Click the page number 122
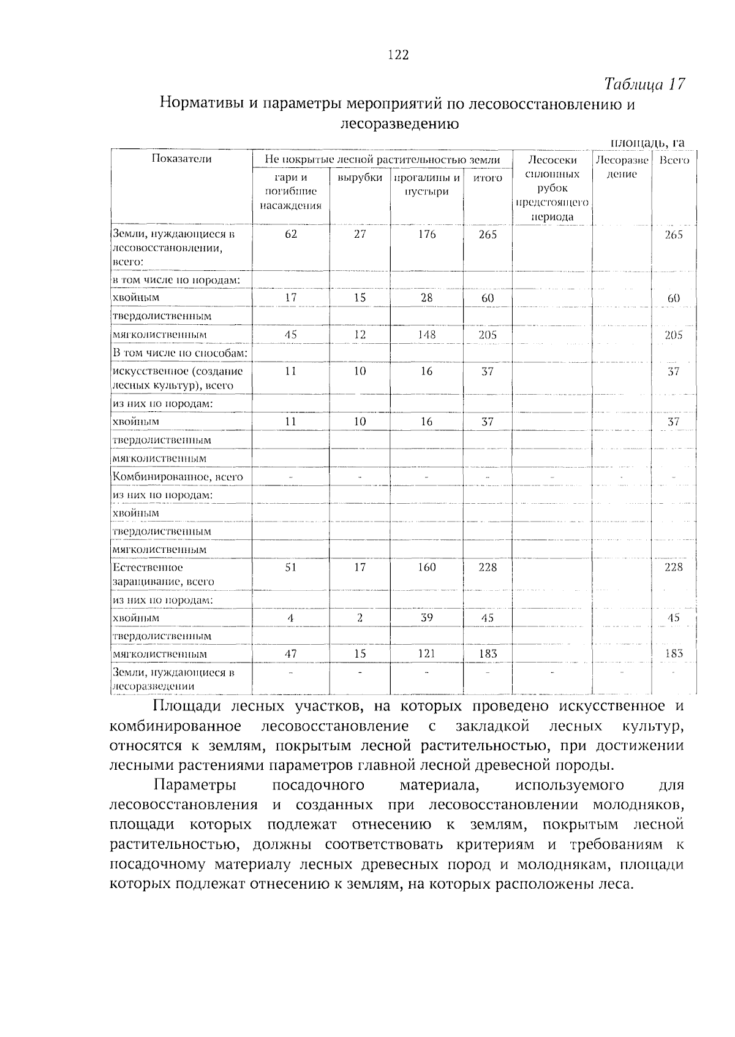point(398,56)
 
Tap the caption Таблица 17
point(644,84)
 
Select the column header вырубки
point(360,178)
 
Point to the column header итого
point(488,178)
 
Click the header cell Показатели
point(181,159)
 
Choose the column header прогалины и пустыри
point(426,184)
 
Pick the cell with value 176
point(426,234)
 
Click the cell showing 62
point(290,234)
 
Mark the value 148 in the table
point(426,335)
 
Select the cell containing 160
point(426,568)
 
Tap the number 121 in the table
point(426,654)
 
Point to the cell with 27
point(360,234)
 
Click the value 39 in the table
point(426,618)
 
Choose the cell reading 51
point(290,568)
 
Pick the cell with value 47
point(290,654)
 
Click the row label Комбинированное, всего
point(178,477)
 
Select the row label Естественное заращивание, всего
point(163,574)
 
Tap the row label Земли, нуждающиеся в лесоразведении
point(173,679)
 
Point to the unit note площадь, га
point(647,143)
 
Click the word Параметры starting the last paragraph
point(195,785)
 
